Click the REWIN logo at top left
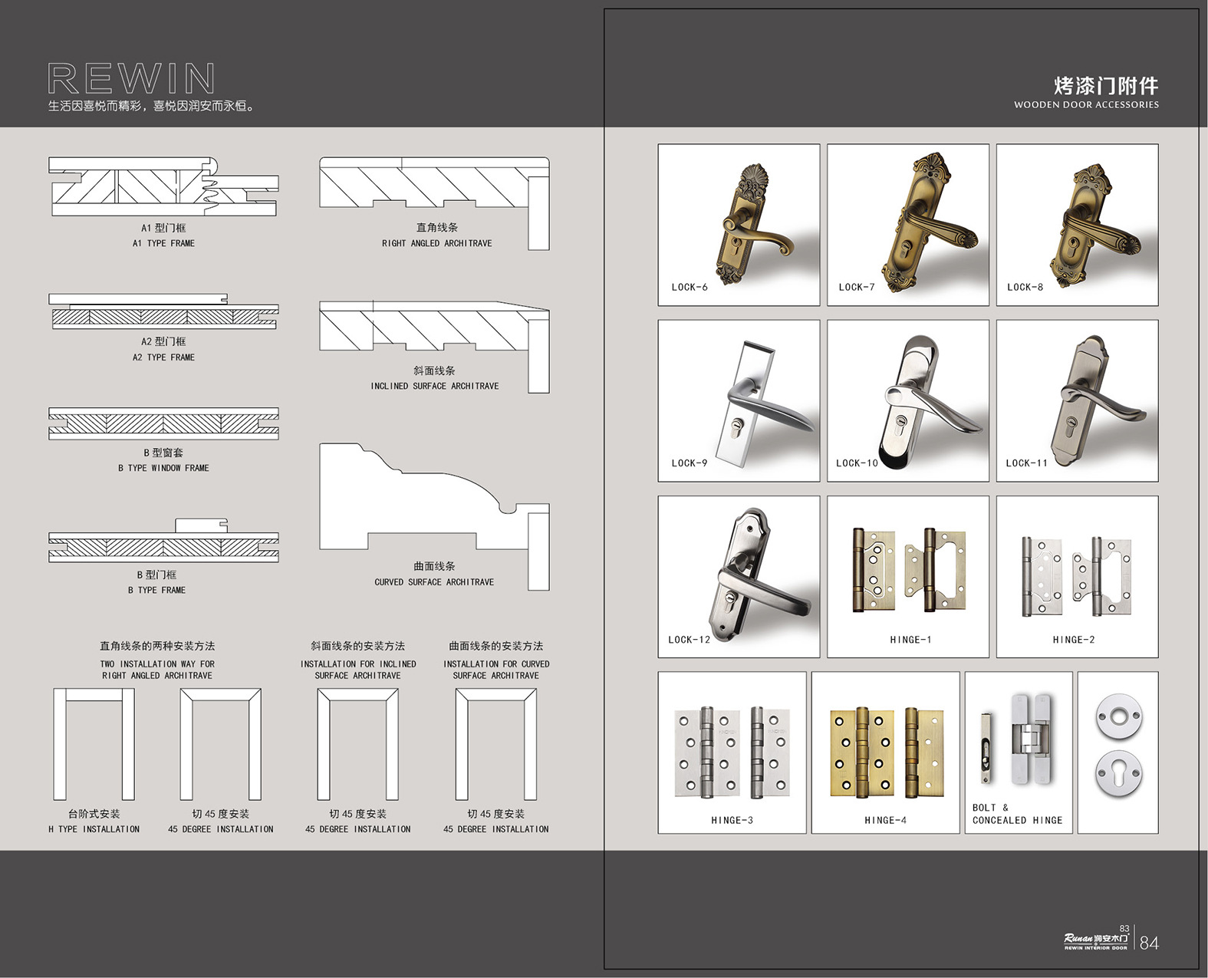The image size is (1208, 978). (131, 78)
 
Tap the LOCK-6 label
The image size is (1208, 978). (689, 287)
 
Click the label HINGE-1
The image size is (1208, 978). (910, 639)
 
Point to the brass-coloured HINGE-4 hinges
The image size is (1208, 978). (887, 752)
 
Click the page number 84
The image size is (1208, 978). (1149, 942)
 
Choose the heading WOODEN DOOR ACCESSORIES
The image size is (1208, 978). (1086, 104)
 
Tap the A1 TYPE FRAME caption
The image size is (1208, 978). (163, 243)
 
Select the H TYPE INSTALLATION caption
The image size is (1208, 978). (94, 828)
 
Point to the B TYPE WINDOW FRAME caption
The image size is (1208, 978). (163, 468)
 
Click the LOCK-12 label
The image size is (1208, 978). (689, 639)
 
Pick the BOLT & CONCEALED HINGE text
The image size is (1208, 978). (1017, 814)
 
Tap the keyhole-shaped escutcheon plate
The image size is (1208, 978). (1118, 774)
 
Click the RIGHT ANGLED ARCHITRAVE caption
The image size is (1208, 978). (436, 243)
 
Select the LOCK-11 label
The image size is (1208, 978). (1026, 463)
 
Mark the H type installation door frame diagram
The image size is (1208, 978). (94, 744)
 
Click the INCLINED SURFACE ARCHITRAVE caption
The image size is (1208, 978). (434, 386)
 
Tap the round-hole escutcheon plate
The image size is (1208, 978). (1118, 717)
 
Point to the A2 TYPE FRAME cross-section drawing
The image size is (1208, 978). (163, 311)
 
